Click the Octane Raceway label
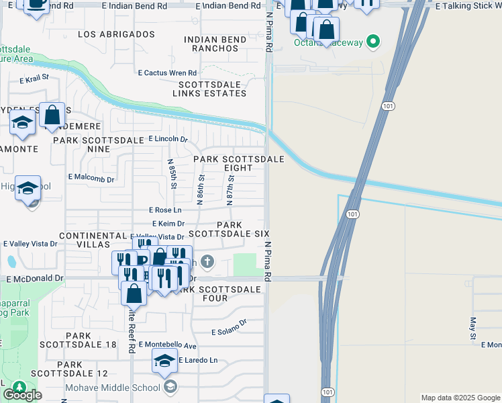(x=328, y=43)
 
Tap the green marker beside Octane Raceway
(x=374, y=43)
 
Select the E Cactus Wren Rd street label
(x=167, y=73)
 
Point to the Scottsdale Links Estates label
(x=212, y=89)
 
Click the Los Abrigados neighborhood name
(x=116, y=34)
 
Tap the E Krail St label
(x=35, y=79)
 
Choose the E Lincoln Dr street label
(x=167, y=138)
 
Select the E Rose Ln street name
(x=165, y=210)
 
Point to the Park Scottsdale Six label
(x=228, y=229)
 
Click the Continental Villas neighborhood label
(x=93, y=240)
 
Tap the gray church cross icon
(x=207, y=261)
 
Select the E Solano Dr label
(x=229, y=332)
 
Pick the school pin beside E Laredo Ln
(x=164, y=361)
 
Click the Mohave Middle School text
(x=113, y=387)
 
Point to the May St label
(x=473, y=329)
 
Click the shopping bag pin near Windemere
(x=52, y=115)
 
